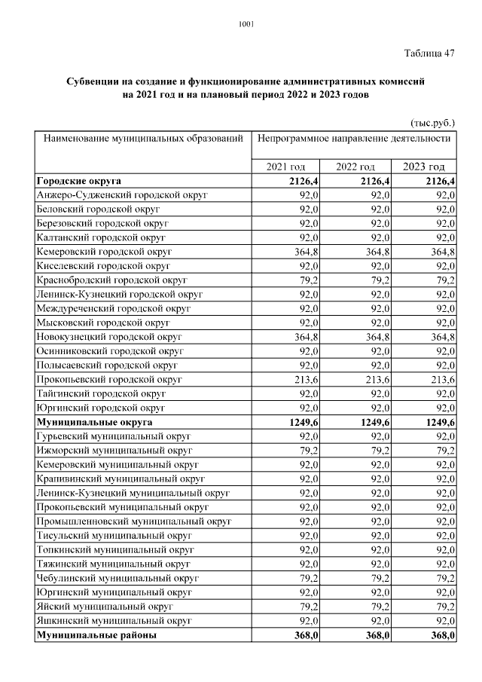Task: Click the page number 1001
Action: point(246,23)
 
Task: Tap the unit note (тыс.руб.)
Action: point(432,122)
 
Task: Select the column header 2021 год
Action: point(285,167)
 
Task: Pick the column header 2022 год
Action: point(355,167)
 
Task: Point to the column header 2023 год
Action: point(424,167)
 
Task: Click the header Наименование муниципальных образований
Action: point(143,139)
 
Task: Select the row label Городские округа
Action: point(78,181)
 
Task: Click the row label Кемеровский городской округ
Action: point(104,251)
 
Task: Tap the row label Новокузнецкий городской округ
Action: point(109,336)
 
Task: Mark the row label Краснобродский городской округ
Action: point(111,280)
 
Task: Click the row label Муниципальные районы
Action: point(96,635)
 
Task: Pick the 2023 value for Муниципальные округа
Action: point(441,422)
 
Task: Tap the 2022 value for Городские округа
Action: point(374,181)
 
